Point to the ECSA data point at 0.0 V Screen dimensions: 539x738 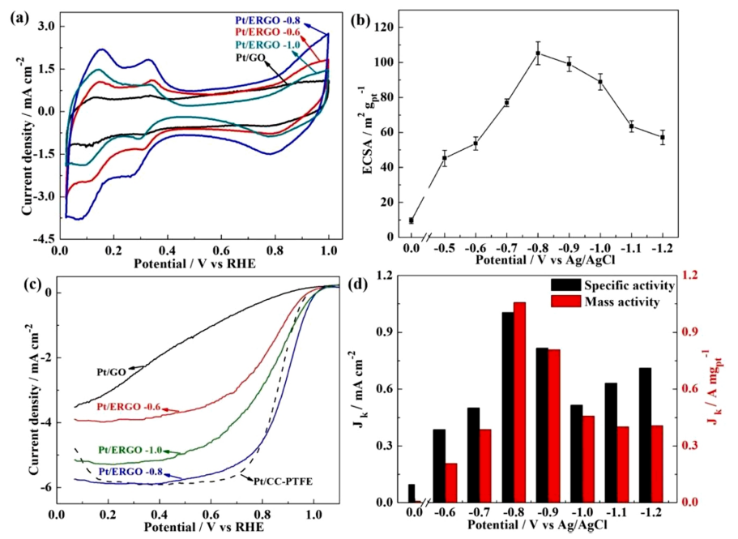412,220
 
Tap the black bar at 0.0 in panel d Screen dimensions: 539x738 412,494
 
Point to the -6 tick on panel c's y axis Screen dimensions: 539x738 46,487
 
